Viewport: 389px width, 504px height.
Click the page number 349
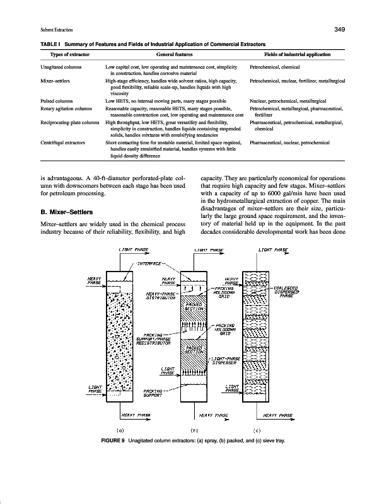coord(339,30)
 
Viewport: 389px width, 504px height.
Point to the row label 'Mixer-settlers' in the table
coord(55,81)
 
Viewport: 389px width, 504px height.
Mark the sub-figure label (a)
coord(129,430)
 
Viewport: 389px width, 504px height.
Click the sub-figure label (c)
coord(256,430)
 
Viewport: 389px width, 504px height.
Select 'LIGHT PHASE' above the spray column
coord(133,251)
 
